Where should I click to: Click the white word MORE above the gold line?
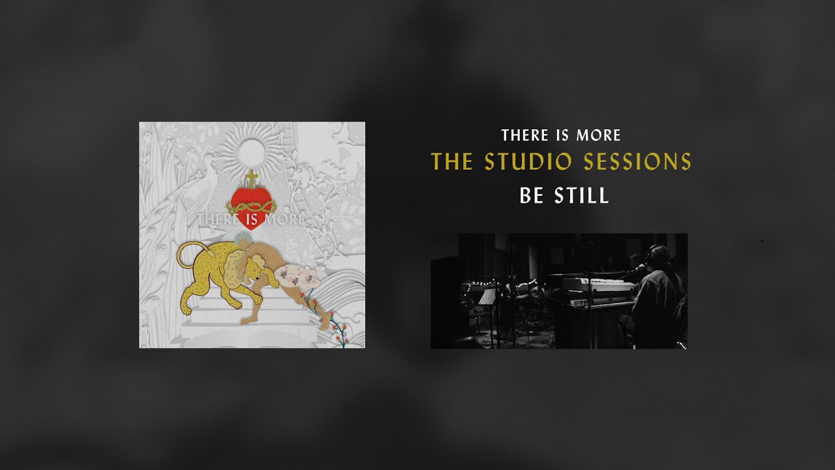(598, 136)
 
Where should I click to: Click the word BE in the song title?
(532, 196)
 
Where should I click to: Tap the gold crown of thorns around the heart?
(250, 205)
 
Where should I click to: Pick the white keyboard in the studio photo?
(597, 285)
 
